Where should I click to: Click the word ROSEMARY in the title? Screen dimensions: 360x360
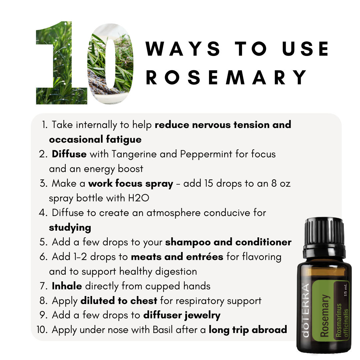pyautogui.click(x=227, y=77)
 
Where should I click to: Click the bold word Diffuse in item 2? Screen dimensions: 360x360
pyautogui.click(x=69, y=154)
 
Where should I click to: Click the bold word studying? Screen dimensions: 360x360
pyautogui.click(x=70, y=228)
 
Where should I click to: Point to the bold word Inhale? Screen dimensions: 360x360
pyautogui.click(x=67, y=286)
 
